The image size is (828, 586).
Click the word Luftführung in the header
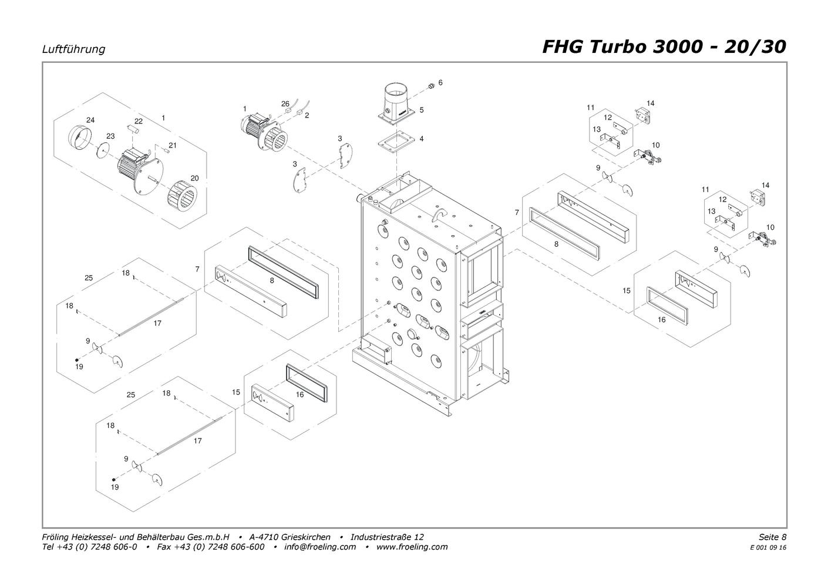[x=73, y=49]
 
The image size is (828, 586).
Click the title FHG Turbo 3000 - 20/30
[x=664, y=47]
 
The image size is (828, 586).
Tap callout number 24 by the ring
[x=90, y=120]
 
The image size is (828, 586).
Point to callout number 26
[x=285, y=103]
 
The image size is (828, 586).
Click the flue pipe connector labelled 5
[x=396, y=101]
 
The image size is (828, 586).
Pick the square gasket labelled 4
[x=396, y=143]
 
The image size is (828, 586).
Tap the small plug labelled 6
[x=430, y=86]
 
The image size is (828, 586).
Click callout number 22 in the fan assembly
[x=138, y=121]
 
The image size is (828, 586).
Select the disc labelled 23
[x=103, y=150]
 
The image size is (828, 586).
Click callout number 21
[x=172, y=145]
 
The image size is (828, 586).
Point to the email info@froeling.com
[x=319, y=547]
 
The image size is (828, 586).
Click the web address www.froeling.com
[x=412, y=547]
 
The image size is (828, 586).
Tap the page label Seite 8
[x=772, y=537]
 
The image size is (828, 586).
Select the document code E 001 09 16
[x=768, y=548]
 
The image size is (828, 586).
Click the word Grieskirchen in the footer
[x=306, y=537]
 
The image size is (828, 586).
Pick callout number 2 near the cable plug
[x=307, y=115]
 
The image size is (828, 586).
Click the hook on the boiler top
[x=439, y=214]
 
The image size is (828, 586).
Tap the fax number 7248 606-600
[x=236, y=547]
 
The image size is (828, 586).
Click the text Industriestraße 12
[x=387, y=537]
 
